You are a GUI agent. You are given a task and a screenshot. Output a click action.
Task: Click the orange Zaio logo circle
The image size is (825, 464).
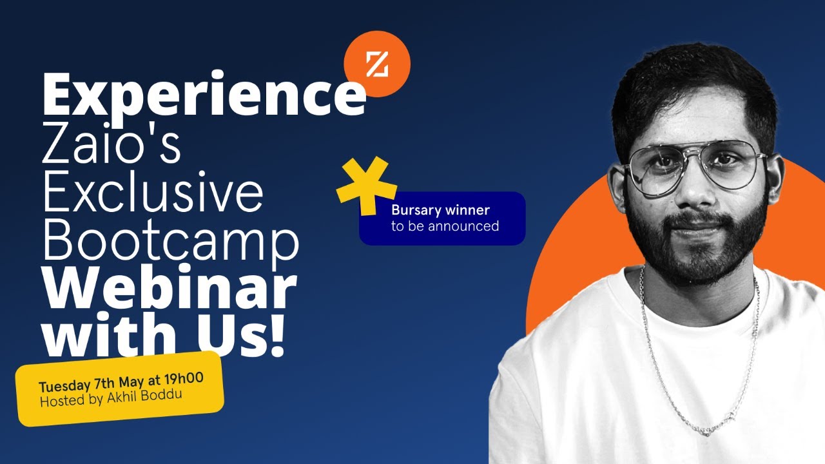377,64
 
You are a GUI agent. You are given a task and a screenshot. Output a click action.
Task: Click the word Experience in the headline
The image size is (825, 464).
204,95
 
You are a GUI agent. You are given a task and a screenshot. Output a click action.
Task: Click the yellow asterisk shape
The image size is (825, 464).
366,184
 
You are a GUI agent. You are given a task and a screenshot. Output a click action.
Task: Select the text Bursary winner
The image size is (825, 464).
440,210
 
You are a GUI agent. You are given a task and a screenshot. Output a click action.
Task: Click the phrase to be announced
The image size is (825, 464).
445,226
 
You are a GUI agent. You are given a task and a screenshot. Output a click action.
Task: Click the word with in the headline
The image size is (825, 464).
93,336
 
